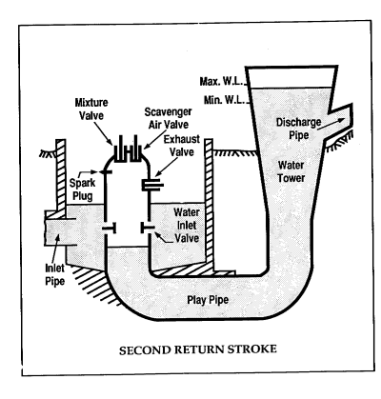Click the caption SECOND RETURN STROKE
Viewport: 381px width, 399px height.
tap(198, 349)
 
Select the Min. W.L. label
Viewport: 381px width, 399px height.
tap(225, 100)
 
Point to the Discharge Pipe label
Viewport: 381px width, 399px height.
tap(298, 129)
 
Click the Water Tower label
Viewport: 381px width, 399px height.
tap(291, 171)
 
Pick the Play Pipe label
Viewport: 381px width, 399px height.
tap(208, 300)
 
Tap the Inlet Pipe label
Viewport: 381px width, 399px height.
tap(55, 274)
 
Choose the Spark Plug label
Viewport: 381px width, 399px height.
tap(82, 190)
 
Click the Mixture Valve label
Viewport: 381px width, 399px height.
tap(91, 109)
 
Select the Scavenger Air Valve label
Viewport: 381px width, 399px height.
tap(169, 118)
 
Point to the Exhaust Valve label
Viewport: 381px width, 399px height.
tap(182, 146)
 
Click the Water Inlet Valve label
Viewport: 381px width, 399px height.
tap(187, 225)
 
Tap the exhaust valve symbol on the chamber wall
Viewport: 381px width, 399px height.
tap(152, 185)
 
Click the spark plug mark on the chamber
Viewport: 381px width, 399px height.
tap(105, 172)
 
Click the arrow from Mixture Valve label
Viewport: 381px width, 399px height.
tap(103, 133)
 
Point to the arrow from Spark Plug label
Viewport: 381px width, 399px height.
tap(88, 173)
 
